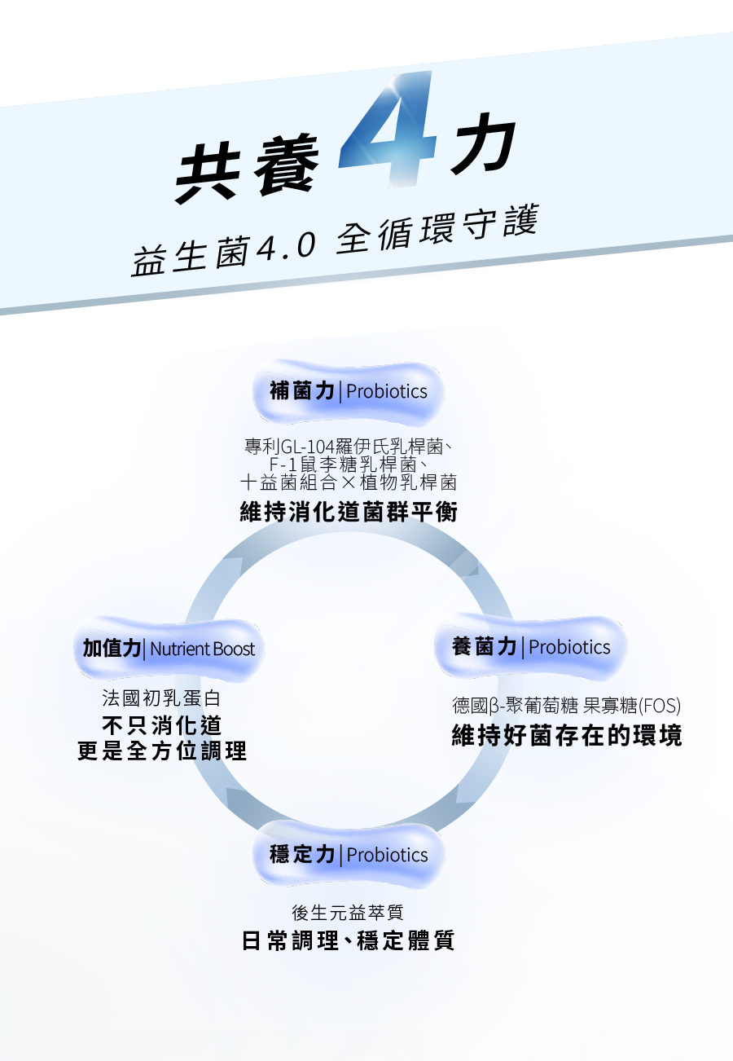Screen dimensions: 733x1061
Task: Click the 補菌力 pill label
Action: pyautogui.click(x=301, y=391)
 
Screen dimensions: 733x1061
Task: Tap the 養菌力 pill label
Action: pyautogui.click(x=485, y=647)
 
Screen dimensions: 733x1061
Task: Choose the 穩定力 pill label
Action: pyautogui.click(x=302, y=855)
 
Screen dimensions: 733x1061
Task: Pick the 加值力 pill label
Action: pyautogui.click(x=112, y=649)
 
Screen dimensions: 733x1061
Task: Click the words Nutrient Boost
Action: pyautogui.click(x=202, y=649)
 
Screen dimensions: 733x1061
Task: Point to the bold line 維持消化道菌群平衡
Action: pyautogui.click(x=349, y=513)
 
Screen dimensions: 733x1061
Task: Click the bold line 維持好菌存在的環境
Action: pyautogui.click(x=567, y=736)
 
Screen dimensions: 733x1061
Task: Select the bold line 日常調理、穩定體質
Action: pyautogui.click(x=349, y=940)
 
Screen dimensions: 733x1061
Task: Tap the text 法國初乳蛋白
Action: pyautogui.click(x=161, y=698)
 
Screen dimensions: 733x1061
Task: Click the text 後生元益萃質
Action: pyautogui.click(x=348, y=913)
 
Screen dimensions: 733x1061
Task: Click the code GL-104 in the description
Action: pyautogui.click(x=309, y=447)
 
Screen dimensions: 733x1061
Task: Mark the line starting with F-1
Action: pyautogui.click(x=349, y=464)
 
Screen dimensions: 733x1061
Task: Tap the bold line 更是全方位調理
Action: pyautogui.click(x=162, y=751)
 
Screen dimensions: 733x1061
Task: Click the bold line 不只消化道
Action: pyautogui.click(x=161, y=724)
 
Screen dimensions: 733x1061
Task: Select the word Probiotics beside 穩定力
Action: pyautogui.click(x=387, y=855)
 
